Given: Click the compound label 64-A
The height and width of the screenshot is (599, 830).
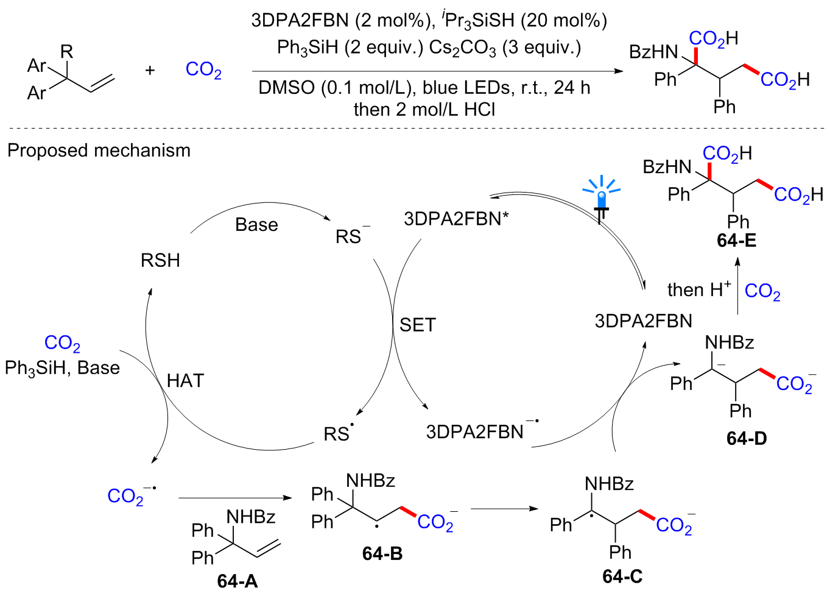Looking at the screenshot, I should tap(237, 581).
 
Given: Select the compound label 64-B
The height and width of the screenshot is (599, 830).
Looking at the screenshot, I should tap(382, 553).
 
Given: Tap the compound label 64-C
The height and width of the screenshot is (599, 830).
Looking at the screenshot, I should tap(622, 576).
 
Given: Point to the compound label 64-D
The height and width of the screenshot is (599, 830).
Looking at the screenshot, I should tap(746, 438).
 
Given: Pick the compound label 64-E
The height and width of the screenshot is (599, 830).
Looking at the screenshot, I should tap(736, 240).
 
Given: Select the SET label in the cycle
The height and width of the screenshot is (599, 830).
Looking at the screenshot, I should tap(418, 325).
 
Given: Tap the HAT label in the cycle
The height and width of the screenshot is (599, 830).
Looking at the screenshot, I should tap(185, 381).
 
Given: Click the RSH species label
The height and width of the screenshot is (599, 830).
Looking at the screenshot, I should tap(160, 261).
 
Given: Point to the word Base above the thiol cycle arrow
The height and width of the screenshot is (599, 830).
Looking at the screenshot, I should tap(256, 225).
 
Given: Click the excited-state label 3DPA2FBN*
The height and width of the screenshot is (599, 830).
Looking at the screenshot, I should tap(456, 218).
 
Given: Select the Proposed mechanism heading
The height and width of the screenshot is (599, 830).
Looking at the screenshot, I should tap(99, 151).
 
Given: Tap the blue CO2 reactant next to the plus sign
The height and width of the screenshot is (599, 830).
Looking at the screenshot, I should tap(203, 69).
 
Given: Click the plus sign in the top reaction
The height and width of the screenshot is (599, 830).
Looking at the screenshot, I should tap(150, 70).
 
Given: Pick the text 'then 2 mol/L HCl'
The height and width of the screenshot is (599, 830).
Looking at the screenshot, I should tap(424, 109).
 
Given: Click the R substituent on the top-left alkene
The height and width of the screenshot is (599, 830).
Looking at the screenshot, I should tap(67, 52).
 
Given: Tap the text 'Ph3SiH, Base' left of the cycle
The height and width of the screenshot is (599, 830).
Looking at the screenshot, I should tap(62, 368).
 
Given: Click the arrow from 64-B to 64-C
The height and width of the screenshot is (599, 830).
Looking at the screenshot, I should tap(504, 508).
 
